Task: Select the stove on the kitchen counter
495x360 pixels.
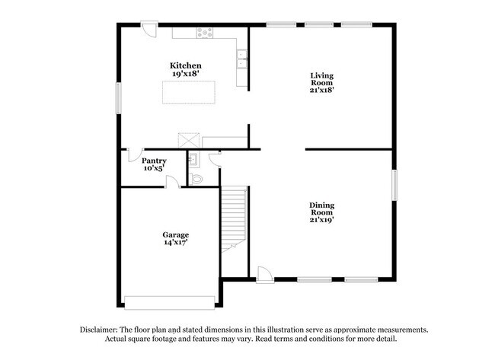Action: point(204,33)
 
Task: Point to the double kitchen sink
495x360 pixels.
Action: point(242,59)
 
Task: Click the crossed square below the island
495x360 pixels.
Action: point(187,141)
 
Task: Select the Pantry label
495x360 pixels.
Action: point(154,161)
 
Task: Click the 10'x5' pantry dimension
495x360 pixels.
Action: point(154,168)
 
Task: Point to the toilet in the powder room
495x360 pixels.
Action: point(196,179)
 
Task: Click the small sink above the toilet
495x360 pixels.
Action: point(193,159)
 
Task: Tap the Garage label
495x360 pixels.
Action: point(175,234)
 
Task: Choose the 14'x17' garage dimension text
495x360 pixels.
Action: point(175,243)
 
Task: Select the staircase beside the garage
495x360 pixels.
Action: point(235,217)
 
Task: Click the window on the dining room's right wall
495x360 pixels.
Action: point(394,186)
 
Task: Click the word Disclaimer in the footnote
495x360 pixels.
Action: point(104,330)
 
